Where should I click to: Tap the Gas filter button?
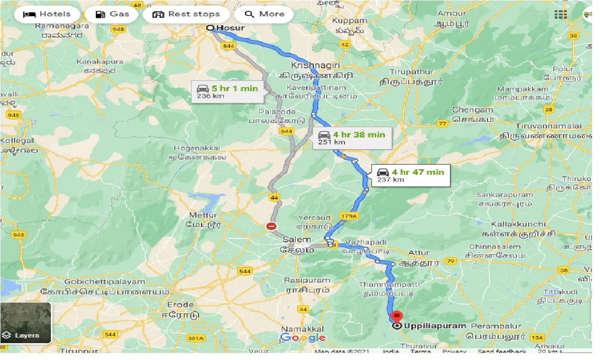(112, 14)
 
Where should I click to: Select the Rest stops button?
(186, 14)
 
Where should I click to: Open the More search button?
(264, 14)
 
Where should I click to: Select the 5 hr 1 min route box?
(227, 92)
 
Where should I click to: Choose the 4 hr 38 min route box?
(352, 137)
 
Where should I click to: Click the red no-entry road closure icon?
(271, 227)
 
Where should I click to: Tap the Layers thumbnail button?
(26, 323)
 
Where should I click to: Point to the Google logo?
(303, 338)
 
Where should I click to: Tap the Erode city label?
(180, 305)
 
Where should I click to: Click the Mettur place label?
(203, 216)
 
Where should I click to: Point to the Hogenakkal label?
(196, 148)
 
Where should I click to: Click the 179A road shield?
(349, 216)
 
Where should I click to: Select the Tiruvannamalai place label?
(549, 126)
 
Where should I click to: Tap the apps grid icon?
(560, 14)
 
